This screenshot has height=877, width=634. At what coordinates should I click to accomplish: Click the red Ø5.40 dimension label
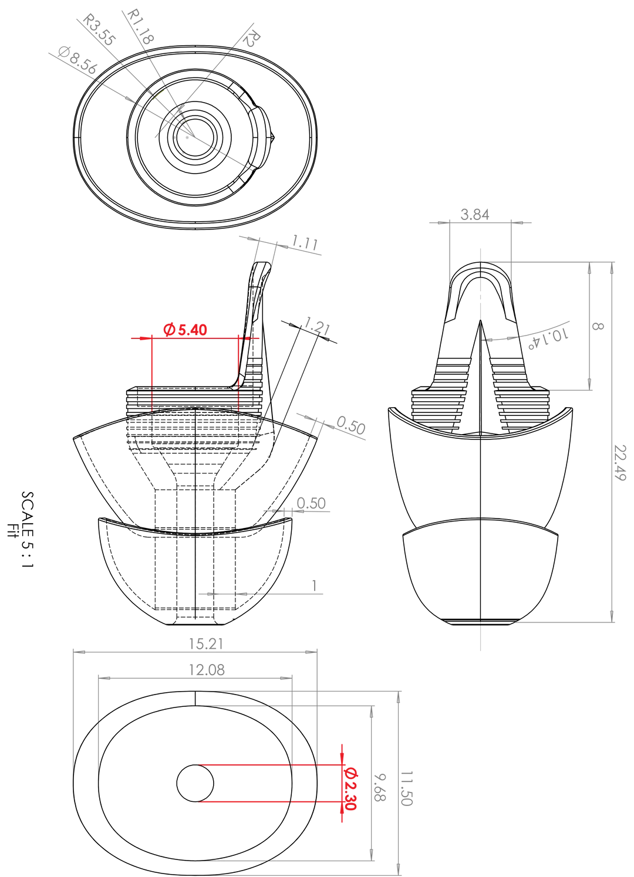pos(185,330)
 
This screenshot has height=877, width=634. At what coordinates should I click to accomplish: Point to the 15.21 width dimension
pos(206,644)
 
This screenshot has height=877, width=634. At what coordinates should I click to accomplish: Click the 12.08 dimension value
pos(207,671)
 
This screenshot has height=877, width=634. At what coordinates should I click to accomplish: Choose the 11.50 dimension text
pos(406,788)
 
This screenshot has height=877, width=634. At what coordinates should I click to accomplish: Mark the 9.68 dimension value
pos(380,787)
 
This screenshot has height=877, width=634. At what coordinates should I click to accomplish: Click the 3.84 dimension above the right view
pos(474,215)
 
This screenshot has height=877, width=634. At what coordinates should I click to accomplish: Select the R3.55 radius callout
pos(99,30)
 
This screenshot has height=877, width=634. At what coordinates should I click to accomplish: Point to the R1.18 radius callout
pos(141,26)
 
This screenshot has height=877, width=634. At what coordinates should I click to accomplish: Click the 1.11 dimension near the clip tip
pos(305,243)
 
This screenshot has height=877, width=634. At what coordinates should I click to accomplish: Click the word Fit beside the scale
pos(13,530)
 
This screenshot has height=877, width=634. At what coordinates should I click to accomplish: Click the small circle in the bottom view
pos(195,783)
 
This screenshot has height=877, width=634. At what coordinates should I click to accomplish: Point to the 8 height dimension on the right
pos(598,326)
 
